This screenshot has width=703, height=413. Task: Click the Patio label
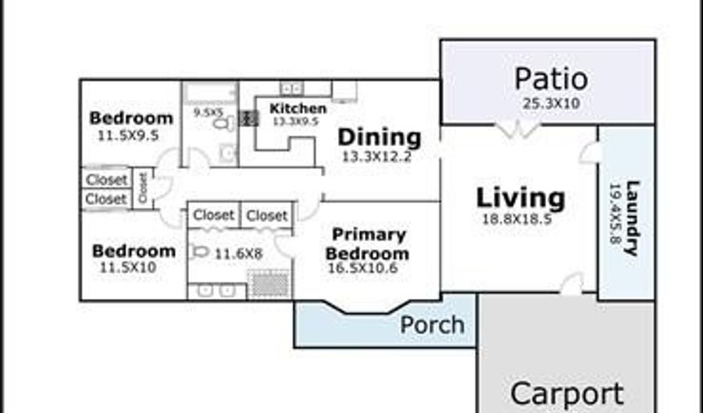pos(551,80)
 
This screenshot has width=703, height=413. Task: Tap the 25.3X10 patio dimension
pos(551,104)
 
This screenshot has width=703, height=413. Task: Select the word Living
pos(520,198)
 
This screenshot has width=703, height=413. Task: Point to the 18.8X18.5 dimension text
pos(516,219)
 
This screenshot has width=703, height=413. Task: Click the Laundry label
pos(633,218)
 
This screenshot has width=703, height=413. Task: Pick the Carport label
pos(567,394)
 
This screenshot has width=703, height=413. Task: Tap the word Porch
pos(432,324)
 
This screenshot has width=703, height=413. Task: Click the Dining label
pos(380,137)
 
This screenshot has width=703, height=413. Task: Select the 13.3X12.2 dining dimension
pos(376,157)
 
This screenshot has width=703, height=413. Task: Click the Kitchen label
pos(298,109)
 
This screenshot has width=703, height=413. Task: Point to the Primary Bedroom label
pos(368,244)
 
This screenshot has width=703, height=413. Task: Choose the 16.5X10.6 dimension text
pos(362,269)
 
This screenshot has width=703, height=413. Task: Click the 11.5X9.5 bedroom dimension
pos(128,136)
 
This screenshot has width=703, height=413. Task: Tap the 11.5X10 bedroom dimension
pos(128,268)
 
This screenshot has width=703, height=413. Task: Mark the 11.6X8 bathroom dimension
pos(238,254)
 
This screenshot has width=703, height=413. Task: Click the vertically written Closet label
pos(143,188)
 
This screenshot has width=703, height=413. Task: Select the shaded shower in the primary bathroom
pos(269,283)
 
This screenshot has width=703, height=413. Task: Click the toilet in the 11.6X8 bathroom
pos(199,252)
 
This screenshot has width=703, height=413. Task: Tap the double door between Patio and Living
pos(518,130)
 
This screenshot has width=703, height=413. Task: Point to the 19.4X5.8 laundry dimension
pos(616,214)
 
